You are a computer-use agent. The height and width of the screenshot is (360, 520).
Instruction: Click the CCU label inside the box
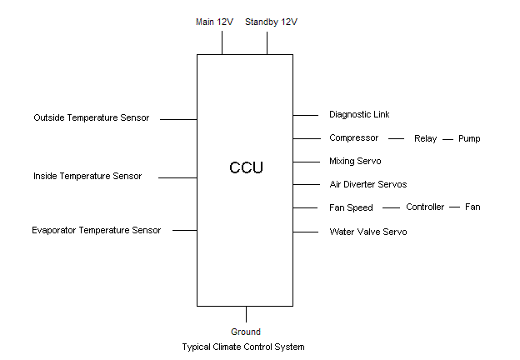(246, 167)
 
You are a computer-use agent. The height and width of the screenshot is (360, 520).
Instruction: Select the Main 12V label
(213, 22)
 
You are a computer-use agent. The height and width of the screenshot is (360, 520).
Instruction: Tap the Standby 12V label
(271, 22)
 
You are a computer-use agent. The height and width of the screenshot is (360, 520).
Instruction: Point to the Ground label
(246, 332)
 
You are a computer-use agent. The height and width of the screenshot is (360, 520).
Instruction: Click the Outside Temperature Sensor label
(92, 117)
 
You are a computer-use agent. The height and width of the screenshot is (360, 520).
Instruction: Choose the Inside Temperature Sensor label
(87, 176)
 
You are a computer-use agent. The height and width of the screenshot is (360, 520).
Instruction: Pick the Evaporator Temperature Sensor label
(97, 230)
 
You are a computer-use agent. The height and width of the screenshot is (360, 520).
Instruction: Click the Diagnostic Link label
(359, 114)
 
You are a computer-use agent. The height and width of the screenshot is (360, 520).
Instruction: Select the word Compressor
(354, 137)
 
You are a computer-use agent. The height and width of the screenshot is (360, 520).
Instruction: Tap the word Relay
(425, 138)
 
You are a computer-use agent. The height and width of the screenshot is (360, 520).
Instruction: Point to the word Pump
(469, 138)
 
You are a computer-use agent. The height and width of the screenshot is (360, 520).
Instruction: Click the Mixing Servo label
(355, 161)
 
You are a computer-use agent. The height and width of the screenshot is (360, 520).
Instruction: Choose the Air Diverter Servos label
(368, 184)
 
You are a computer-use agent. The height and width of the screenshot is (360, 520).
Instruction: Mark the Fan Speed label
(352, 207)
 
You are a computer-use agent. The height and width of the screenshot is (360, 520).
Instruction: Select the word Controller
(425, 207)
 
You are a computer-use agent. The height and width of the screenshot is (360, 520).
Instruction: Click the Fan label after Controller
(472, 207)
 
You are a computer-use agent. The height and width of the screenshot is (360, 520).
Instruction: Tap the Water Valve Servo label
(368, 231)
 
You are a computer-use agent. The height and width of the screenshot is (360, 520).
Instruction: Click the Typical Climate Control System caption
(243, 347)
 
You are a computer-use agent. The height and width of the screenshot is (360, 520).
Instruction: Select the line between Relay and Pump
(448, 138)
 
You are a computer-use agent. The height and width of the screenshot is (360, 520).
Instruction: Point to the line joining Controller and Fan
(455, 207)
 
